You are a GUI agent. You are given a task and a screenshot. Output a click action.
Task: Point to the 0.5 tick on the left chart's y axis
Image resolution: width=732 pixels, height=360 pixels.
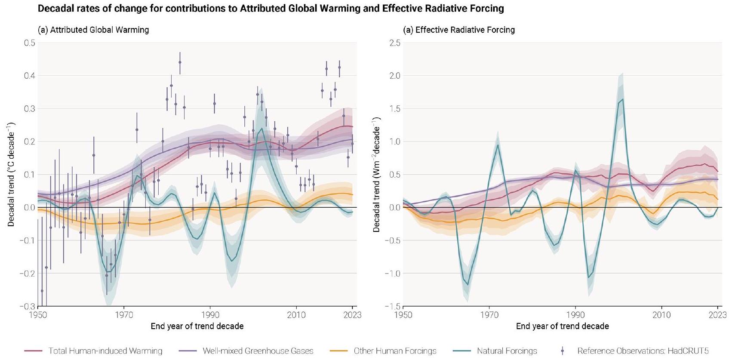pyautogui.click(x=30, y=43)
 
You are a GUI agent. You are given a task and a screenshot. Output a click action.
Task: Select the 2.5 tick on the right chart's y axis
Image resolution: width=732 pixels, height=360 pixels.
pyautogui.click(x=395, y=43)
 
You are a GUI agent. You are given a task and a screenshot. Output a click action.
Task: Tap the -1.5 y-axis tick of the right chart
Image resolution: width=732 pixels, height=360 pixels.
pyautogui.click(x=393, y=306)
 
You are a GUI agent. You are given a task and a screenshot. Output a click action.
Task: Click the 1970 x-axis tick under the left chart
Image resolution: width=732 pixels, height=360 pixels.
pyautogui.click(x=124, y=315)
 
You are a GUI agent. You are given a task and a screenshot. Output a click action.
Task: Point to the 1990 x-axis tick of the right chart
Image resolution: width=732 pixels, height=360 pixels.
pyautogui.click(x=575, y=315)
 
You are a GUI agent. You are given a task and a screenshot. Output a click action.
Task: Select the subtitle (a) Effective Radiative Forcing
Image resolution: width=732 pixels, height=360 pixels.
pyautogui.click(x=458, y=30)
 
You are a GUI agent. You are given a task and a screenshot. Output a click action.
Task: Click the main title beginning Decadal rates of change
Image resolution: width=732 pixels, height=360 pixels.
pyautogui.click(x=271, y=8)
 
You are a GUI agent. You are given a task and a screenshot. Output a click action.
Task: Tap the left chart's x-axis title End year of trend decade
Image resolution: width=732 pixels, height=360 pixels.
pyautogui.click(x=197, y=326)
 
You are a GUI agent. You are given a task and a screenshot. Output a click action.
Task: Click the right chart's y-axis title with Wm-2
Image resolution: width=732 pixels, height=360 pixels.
pyautogui.click(x=377, y=174)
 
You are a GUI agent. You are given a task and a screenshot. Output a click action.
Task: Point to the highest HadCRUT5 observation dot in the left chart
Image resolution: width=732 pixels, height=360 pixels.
pyautogui.click(x=180, y=62)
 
